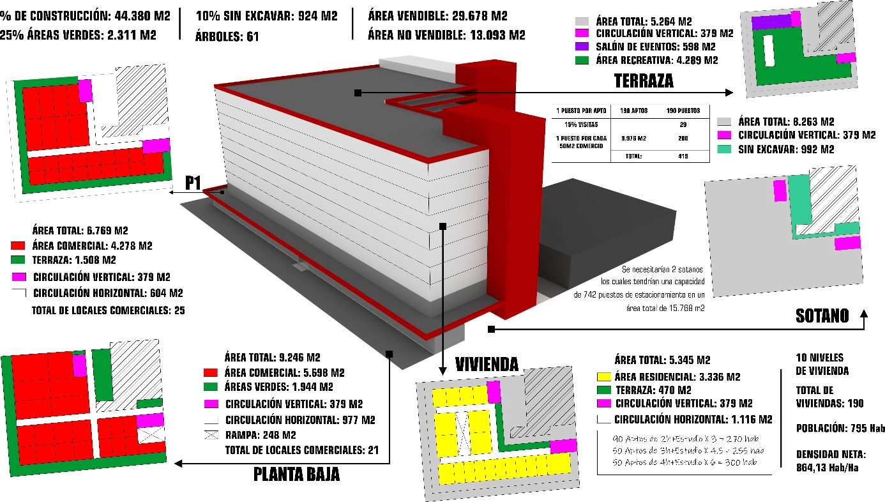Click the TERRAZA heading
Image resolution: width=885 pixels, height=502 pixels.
point(644,80)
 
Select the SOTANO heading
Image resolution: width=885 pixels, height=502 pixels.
point(822,316)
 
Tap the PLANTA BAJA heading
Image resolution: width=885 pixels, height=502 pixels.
point(296,475)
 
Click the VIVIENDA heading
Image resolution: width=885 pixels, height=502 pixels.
point(487,364)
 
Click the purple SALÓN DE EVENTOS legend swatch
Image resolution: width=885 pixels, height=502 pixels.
point(581,47)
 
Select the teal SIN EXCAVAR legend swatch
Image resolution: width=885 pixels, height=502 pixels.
point(723,151)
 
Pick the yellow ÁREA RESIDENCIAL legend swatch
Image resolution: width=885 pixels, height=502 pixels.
point(603,376)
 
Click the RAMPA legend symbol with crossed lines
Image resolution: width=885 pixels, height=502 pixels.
point(211,435)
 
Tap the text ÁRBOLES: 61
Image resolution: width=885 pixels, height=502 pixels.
point(227,36)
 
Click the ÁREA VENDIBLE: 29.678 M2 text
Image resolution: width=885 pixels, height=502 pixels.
point(437,15)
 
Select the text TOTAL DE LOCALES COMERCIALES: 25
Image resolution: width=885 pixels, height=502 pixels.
point(109,311)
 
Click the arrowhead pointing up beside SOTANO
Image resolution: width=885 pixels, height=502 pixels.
point(865,314)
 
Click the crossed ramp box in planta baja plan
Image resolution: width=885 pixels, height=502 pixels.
point(151,434)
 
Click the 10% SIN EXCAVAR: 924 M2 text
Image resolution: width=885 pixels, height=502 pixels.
point(266,15)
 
